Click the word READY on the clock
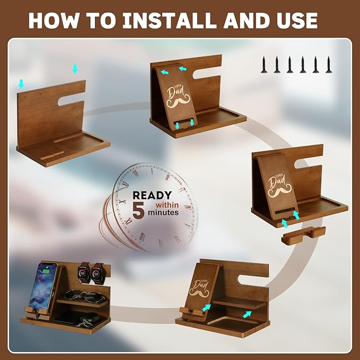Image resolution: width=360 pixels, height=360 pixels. (x=152, y=195)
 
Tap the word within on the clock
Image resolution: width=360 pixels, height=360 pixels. (x=167, y=204)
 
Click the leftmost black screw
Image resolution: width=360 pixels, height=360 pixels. (x=264, y=64)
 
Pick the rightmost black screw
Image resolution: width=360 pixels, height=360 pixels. (x=329, y=64)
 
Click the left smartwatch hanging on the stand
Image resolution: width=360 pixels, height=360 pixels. (x=83, y=273)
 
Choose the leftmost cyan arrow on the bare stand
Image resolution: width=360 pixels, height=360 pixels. (x=21, y=83)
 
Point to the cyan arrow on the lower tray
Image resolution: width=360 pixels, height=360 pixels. (x=247, y=314)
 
